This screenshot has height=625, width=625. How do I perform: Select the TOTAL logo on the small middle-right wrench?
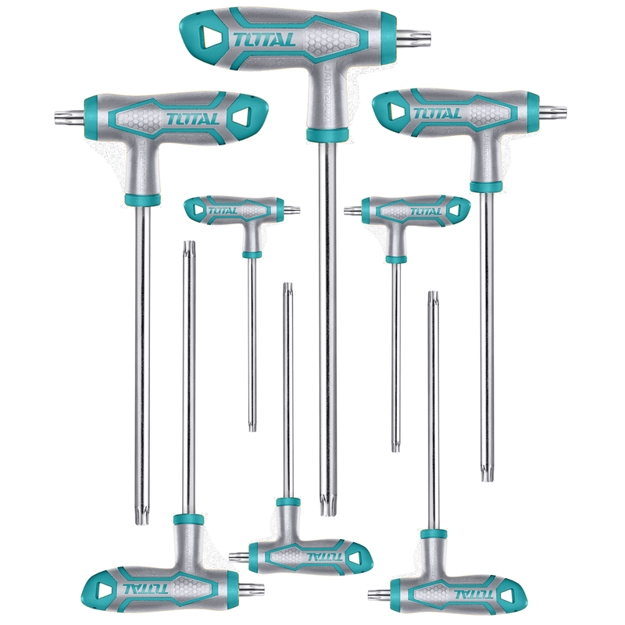426,211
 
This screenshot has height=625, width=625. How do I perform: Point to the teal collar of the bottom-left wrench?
188,520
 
